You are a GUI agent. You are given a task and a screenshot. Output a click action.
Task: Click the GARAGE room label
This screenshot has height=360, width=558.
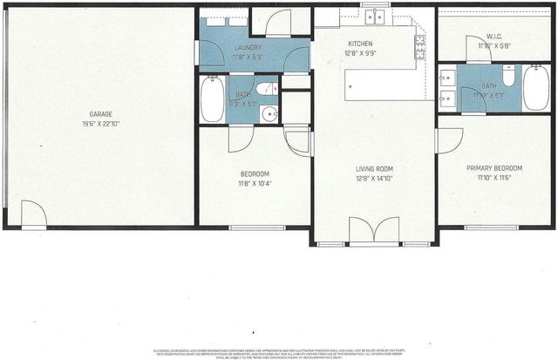pos(100,114)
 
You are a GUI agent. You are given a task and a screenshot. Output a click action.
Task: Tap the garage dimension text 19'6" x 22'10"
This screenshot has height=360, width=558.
pos(100,124)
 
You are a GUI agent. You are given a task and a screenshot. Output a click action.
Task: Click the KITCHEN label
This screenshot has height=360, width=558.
pos(360,43)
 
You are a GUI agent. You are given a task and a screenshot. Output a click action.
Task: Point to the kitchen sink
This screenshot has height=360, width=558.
pos(377,16)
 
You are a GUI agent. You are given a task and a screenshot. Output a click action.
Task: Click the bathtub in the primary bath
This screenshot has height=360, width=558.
pos(535,89)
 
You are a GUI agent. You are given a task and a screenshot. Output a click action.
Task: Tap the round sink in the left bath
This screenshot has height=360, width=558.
pos(269,112)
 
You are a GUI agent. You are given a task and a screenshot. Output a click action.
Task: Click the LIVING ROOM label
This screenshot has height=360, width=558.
pos(374,169)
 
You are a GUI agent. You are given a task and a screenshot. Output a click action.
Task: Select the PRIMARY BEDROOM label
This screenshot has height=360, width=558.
pos(494,168)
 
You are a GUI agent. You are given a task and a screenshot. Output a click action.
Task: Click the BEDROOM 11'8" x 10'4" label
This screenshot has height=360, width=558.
pos(255,173)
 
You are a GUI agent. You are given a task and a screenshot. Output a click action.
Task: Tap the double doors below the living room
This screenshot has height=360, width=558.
pos(374,230)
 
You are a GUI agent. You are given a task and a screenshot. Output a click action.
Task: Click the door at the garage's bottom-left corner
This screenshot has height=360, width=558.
pos(34,214)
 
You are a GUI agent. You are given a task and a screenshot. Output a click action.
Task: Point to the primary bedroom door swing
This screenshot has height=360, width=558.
pos(448,140)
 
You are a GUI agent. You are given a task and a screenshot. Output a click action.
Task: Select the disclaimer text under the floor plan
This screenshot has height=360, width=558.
pos(279,352)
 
